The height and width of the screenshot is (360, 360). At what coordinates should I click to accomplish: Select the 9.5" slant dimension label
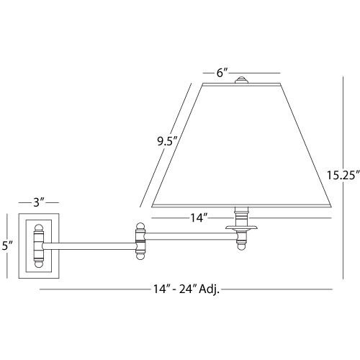click(x=167, y=141)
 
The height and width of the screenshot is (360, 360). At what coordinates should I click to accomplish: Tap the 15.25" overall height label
click(x=343, y=175)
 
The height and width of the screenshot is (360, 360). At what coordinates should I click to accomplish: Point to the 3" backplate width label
click(x=39, y=202)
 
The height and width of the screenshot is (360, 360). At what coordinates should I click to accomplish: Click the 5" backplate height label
click(x=7, y=246)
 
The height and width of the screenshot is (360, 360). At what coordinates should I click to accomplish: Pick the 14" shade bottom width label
click(x=199, y=218)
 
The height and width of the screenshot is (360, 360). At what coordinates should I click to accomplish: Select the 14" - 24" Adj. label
click(x=186, y=289)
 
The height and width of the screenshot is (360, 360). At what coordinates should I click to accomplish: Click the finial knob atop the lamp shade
click(x=241, y=80)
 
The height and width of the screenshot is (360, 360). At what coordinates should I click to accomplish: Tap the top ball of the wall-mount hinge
click(x=39, y=228)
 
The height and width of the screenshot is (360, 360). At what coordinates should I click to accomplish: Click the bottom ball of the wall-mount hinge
click(x=39, y=264)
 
